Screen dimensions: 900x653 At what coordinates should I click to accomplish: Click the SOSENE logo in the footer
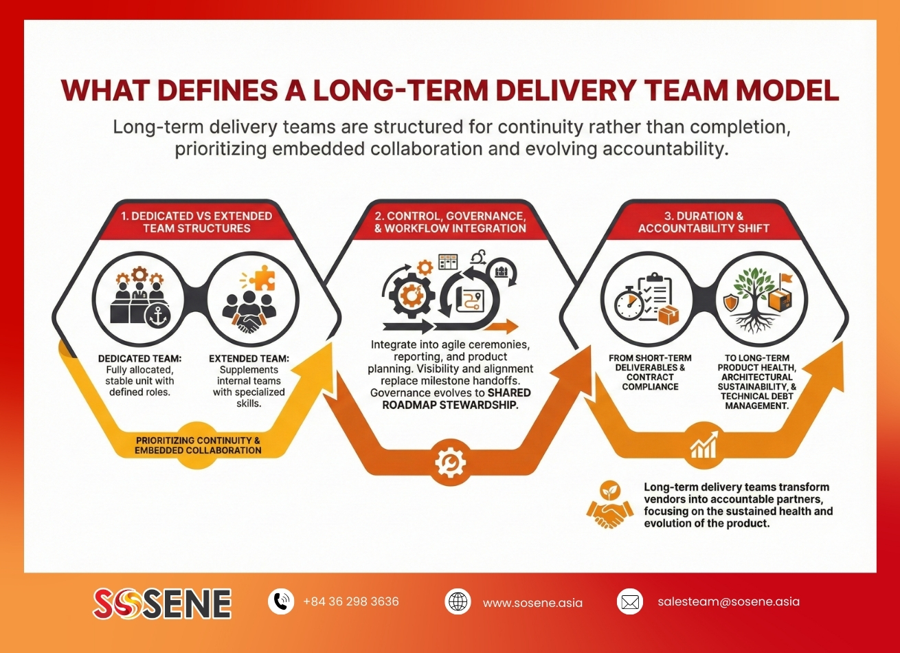(x=162, y=603)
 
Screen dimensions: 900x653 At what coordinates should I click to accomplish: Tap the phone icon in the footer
(x=281, y=601)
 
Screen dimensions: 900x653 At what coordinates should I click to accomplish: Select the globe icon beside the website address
(x=458, y=601)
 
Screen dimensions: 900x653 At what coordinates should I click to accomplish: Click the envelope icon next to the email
(x=629, y=601)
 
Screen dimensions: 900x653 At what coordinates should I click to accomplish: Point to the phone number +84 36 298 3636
(x=351, y=601)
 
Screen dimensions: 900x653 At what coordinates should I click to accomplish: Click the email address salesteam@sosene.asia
(x=728, y=601)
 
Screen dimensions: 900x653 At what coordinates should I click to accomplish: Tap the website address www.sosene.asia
(x=532, y=603)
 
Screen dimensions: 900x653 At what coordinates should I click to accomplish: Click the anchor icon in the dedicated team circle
(x=157, y=316)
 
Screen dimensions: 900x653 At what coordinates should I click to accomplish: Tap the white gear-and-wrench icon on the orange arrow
(x=450, y=463)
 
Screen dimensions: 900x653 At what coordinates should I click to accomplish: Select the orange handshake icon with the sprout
(x=609, y=504)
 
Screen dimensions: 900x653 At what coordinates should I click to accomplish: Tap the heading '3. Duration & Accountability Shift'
(x=704, y=222)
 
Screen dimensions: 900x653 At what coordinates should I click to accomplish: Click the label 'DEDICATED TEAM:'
(x=139, y=358)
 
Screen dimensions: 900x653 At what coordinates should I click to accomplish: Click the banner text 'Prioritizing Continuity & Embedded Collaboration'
(x=198, y=445)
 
